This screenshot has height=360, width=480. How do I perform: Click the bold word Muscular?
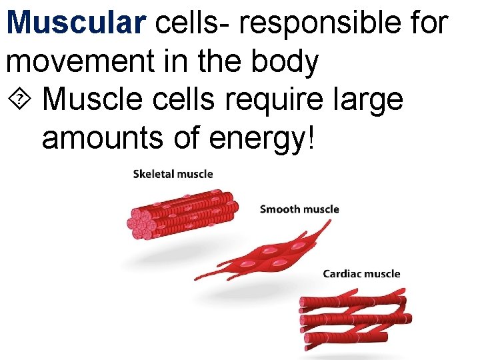[x=75, y=22]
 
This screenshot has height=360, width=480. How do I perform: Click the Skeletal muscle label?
[x=173, y=174]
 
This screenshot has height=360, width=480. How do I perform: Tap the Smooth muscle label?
[x=299, y=209]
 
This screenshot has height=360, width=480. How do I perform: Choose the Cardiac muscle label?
[x=361, y=273]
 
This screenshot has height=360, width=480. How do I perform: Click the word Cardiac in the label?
[x=343, y=273]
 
